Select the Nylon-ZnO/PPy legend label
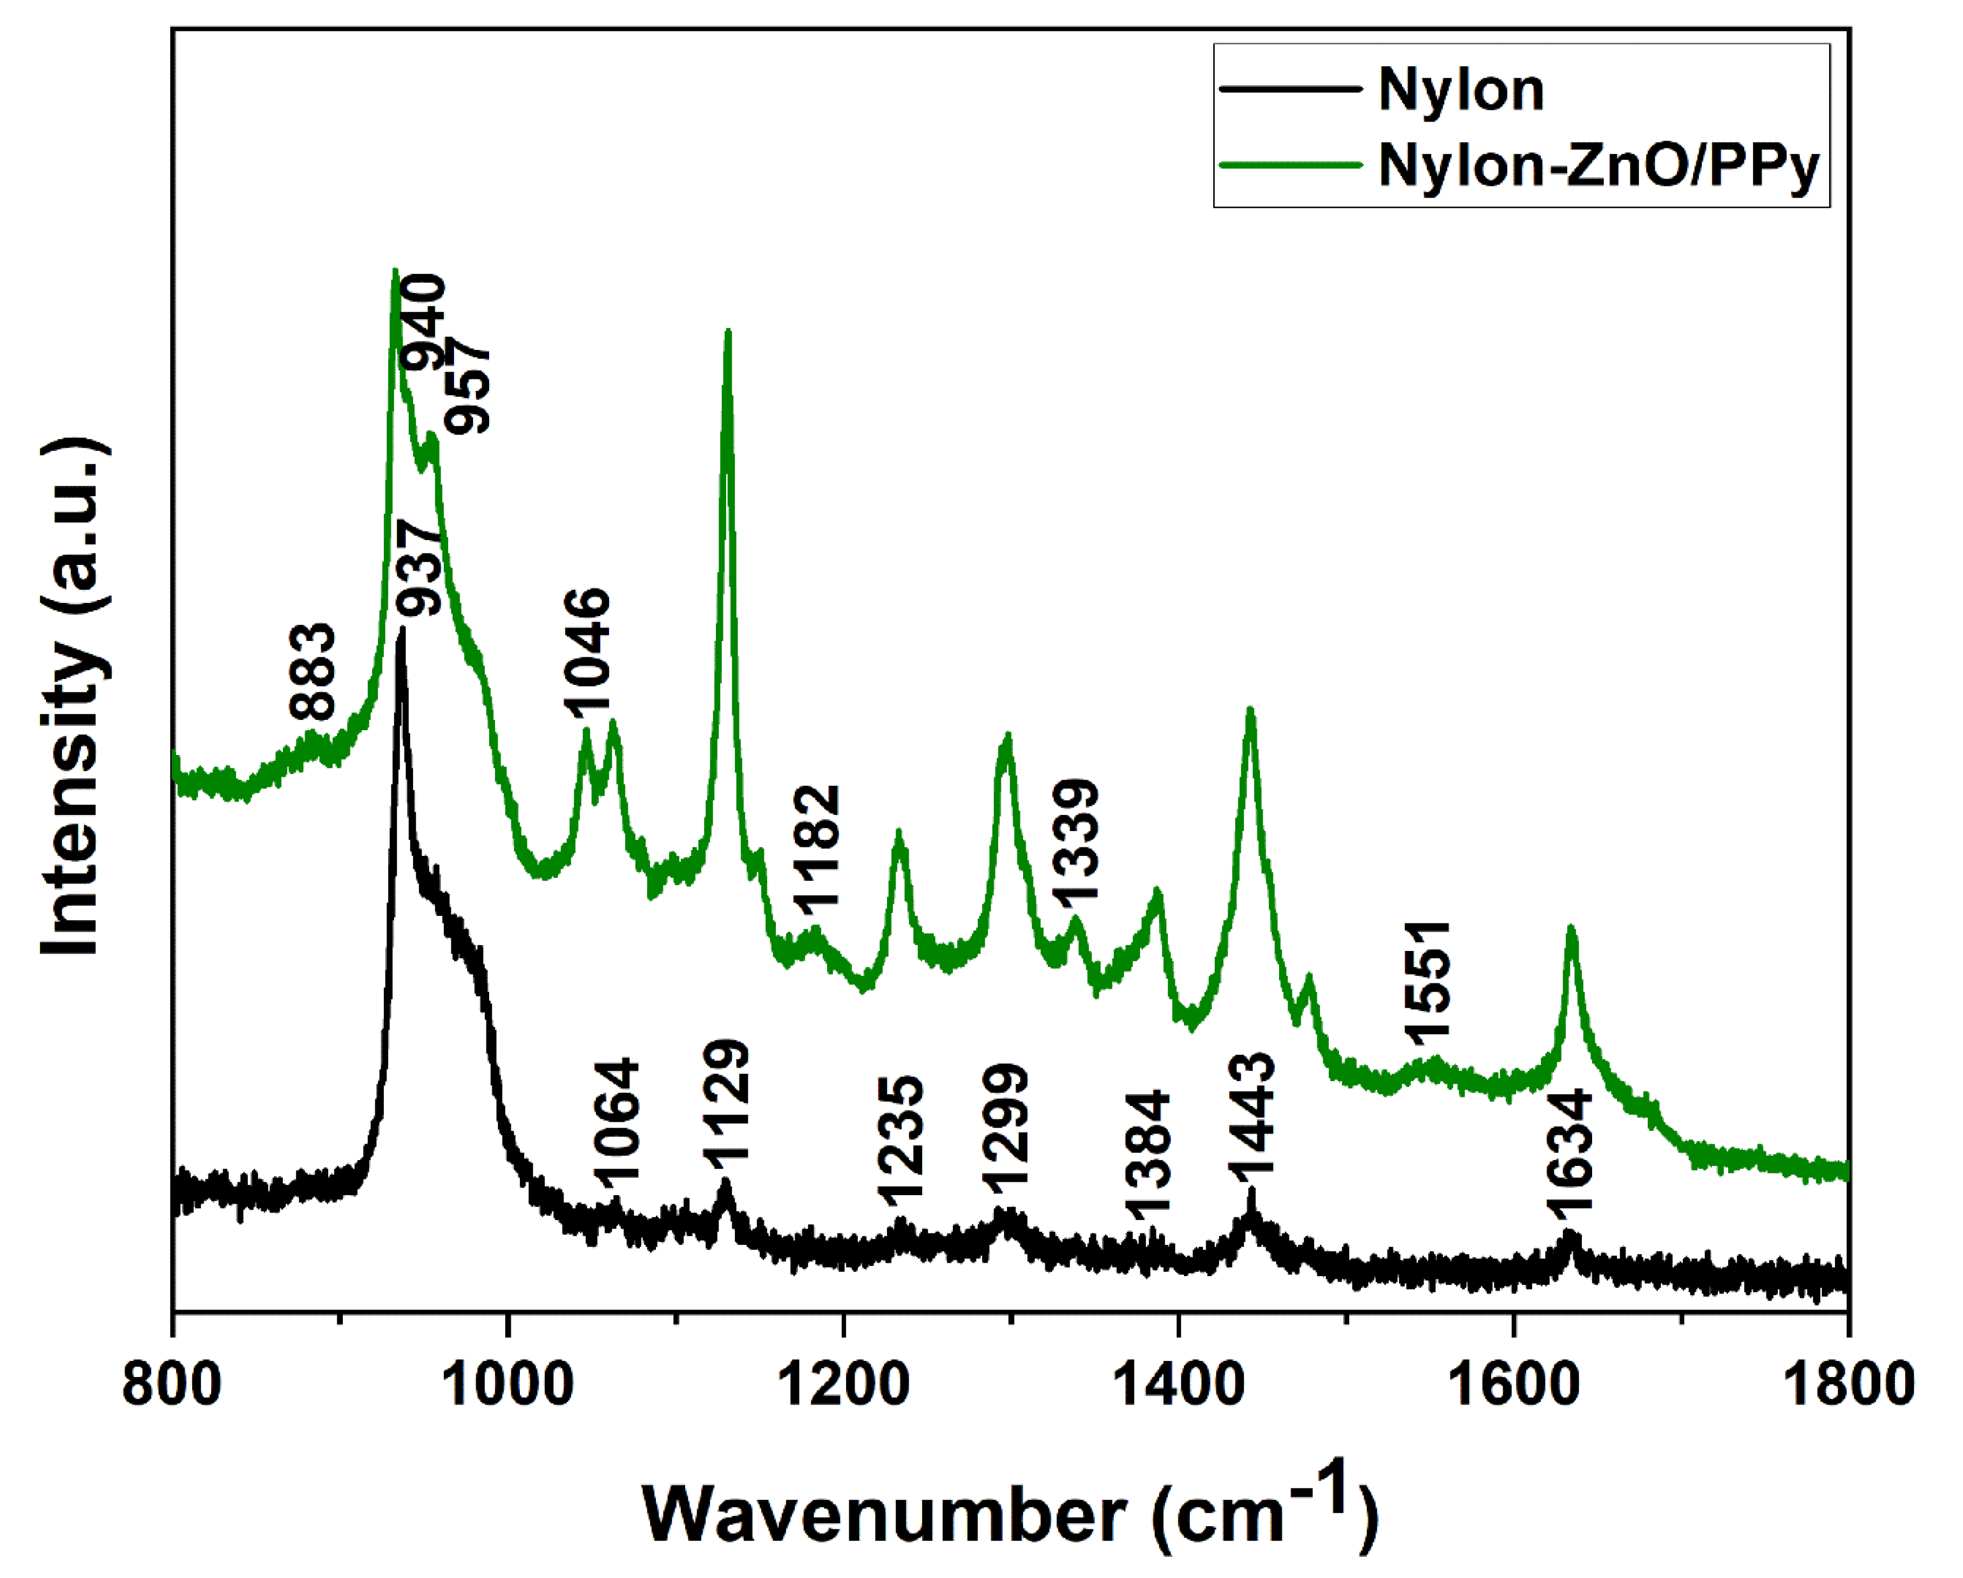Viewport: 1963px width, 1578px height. point(1599,167)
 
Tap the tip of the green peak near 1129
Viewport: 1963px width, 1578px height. point(727,332)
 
